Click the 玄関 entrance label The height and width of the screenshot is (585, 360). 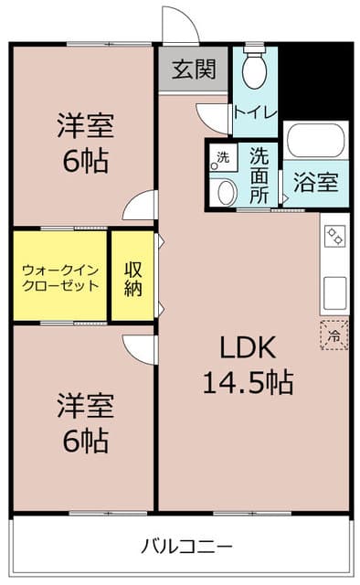193,69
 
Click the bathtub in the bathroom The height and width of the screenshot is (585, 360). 315,142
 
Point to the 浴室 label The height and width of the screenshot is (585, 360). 315,181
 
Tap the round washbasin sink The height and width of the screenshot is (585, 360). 224,192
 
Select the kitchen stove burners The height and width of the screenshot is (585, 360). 334,234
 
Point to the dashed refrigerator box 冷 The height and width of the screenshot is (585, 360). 334,335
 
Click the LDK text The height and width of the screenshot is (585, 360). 245,347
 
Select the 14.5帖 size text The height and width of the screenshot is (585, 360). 247,382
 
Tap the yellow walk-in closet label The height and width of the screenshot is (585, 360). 59,276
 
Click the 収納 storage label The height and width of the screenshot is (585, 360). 133,276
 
